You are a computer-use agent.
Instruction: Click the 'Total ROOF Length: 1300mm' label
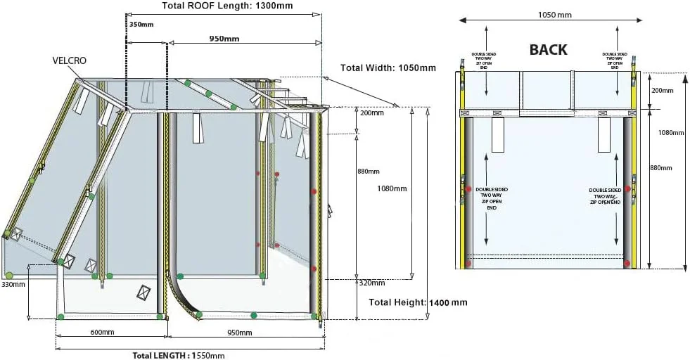(227, 6)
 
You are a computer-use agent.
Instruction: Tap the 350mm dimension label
(141, 24)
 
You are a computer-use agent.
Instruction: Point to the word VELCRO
(70, 61)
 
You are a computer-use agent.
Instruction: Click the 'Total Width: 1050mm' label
(388, 68)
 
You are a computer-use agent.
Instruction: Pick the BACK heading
(548, 50)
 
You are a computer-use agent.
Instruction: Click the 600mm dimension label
(102, 332)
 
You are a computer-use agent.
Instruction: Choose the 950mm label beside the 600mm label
(239, 332)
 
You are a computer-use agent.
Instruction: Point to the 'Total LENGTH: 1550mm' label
(179, 355)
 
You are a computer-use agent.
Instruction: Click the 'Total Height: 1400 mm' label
(418, 302)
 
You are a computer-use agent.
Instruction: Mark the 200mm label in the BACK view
(662, 91)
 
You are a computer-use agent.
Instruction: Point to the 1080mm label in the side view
(392, 188)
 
